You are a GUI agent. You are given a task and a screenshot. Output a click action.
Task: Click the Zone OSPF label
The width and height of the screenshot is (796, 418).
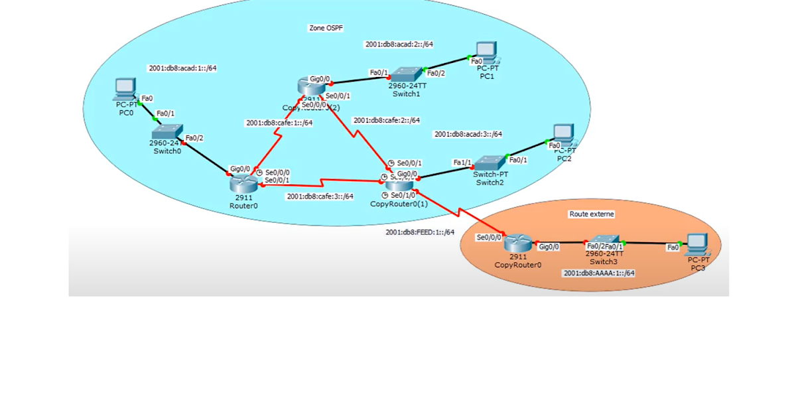coord(326,29)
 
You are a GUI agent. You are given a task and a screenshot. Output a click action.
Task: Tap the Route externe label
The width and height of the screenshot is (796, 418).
coord(592,214)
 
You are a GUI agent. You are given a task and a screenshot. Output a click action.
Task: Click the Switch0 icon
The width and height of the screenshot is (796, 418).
coord(166,131)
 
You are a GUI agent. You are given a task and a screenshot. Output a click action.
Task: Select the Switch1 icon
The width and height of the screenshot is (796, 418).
coord(405,74)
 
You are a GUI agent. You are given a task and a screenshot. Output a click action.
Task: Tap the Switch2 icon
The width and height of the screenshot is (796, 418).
coord(490,162)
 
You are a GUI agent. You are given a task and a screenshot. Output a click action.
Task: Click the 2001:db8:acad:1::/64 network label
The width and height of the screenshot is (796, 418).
coord(182,68)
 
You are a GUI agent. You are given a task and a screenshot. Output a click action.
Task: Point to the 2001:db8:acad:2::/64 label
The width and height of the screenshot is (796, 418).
coord(399,44)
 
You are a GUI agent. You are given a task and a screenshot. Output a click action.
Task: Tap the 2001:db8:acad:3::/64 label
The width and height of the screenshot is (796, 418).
coord(468,134)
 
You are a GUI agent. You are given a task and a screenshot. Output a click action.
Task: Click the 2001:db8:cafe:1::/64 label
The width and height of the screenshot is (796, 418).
coord(279,123)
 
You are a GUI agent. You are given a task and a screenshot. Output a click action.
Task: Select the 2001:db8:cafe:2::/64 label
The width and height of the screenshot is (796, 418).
coord(386,121)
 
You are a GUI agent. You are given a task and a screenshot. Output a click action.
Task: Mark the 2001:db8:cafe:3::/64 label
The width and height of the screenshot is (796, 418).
coord(319,196)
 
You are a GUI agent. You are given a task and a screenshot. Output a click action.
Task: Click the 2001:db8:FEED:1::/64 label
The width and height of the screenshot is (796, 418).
coord(419,232)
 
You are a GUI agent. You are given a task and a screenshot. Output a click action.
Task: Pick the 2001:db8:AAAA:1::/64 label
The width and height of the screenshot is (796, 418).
coord(598,273)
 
